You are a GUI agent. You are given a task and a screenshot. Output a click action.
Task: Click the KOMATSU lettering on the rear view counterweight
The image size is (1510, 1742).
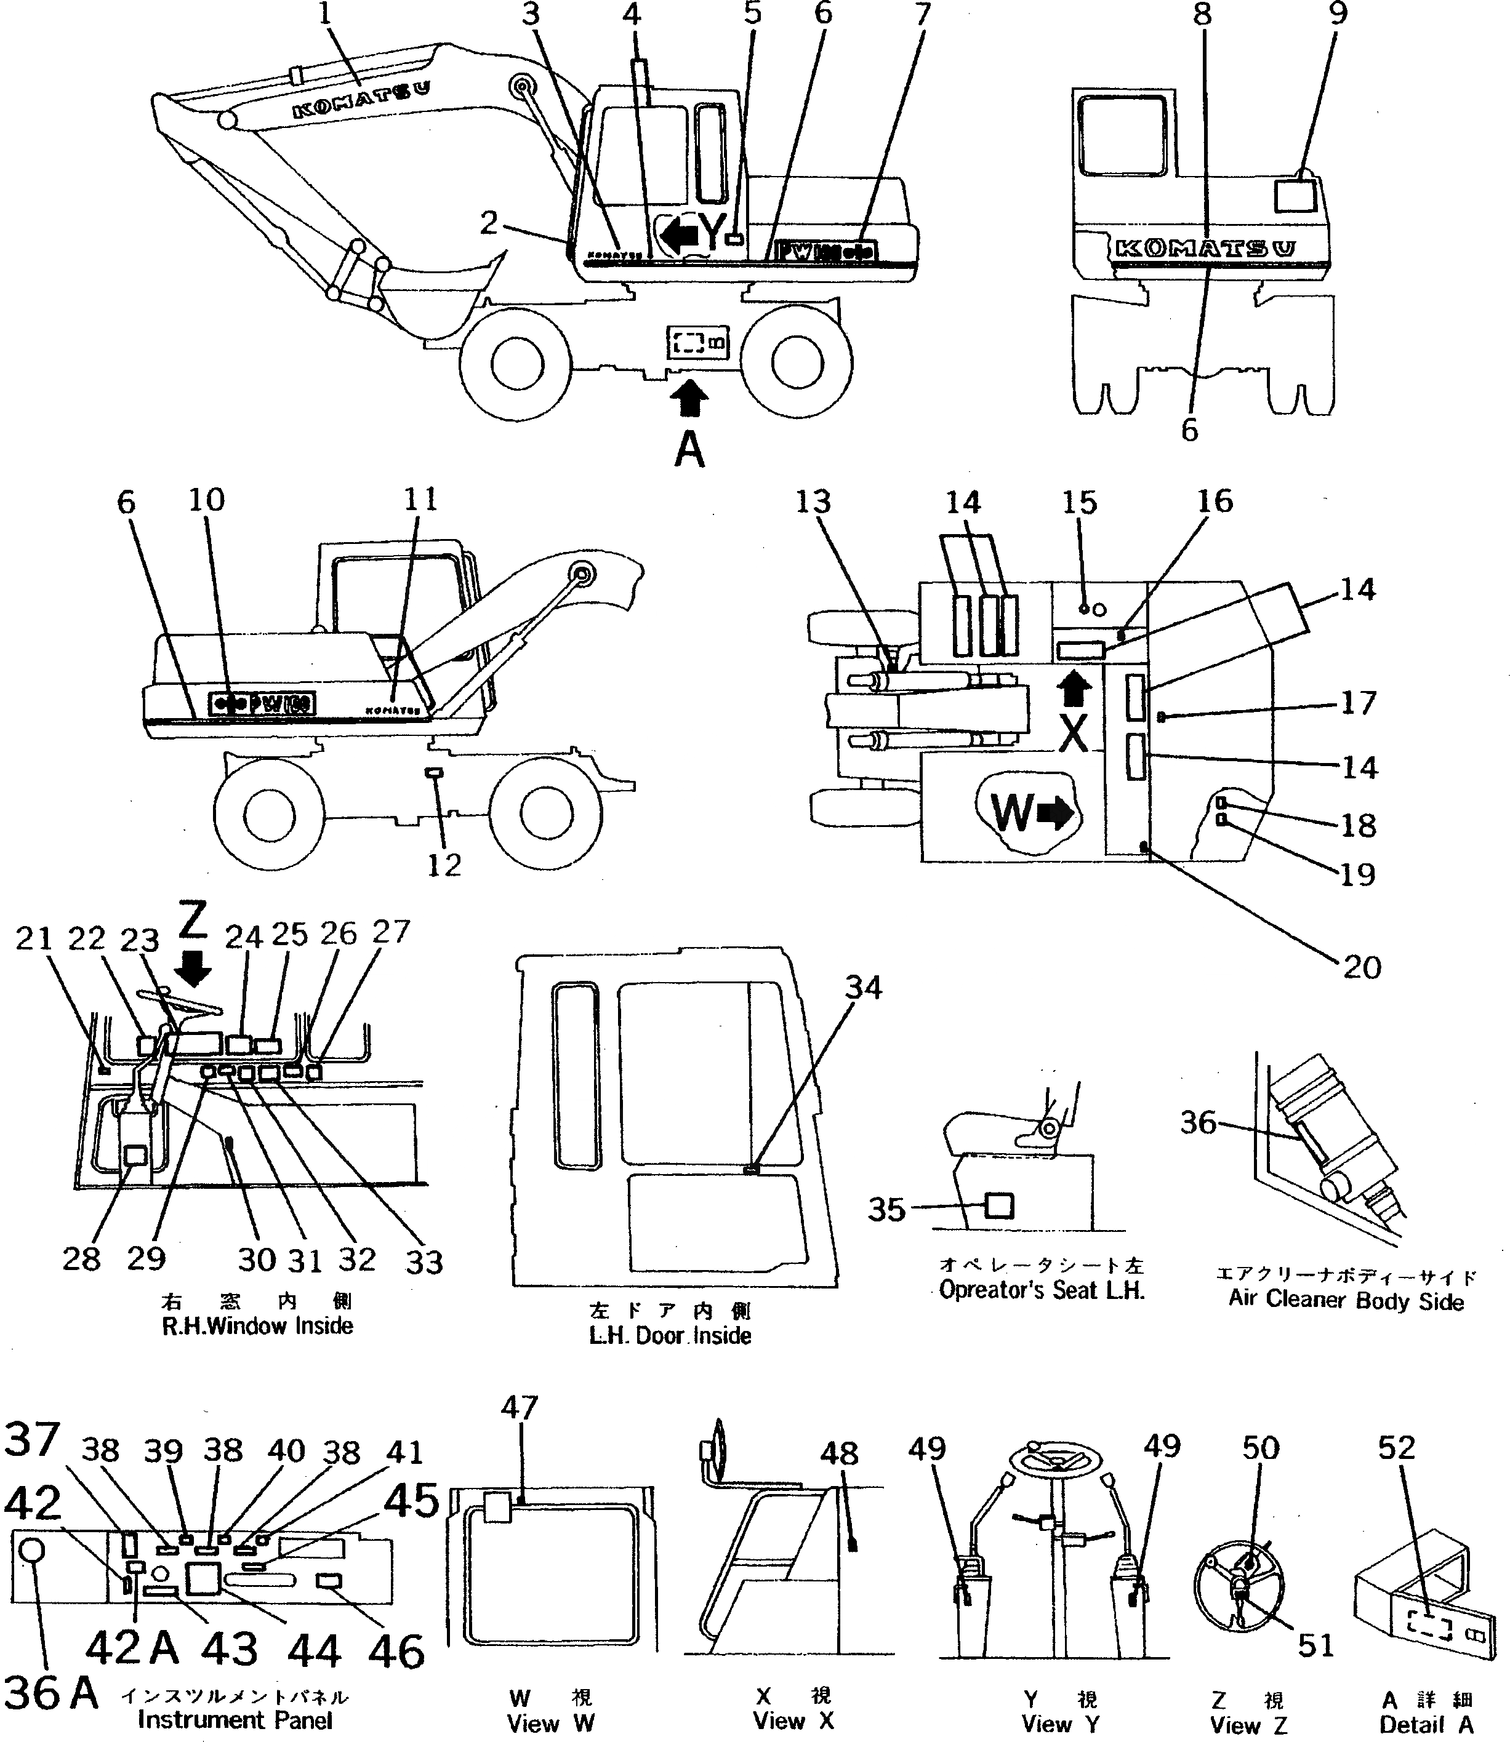tap(1205, 247)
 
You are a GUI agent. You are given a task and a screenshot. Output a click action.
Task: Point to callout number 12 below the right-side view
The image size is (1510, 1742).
tap(444, 865)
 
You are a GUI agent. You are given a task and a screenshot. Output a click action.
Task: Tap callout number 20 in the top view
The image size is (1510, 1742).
tap(1362, 967)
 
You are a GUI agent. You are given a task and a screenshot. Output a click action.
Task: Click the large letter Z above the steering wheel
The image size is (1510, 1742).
tap(194, 922)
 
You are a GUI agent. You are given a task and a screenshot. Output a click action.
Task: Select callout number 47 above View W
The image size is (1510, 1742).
tap(519, 1407)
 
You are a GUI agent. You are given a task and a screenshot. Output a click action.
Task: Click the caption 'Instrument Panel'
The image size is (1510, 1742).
tap(235, 1720)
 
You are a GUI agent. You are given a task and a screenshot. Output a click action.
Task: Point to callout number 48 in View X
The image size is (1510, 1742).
tap(838, 1453)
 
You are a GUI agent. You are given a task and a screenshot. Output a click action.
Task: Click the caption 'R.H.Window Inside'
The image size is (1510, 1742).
tap(257, 1326)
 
